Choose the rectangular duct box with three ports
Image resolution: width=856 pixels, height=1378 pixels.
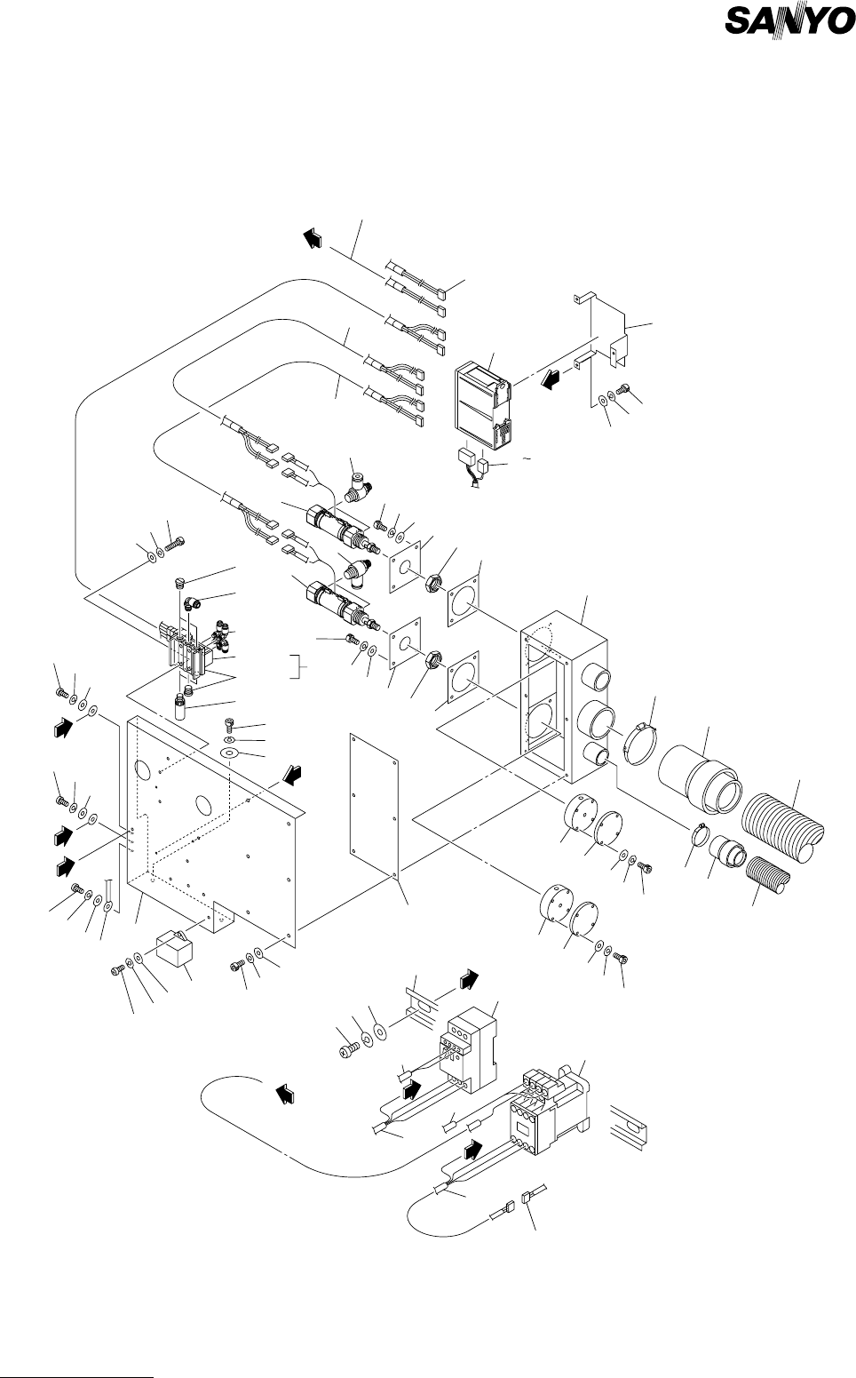pyautogui.click(x=565, y=697)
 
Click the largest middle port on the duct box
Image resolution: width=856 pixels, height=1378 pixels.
pyautogui.click(x=596, y=719)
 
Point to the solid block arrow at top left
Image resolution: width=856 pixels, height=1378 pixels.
pyautogui.click(x=313, y=237)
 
